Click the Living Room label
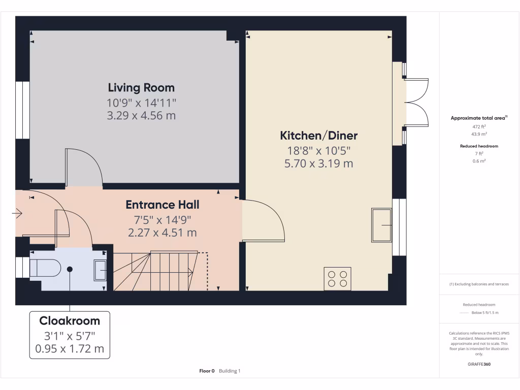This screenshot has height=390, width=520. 141,87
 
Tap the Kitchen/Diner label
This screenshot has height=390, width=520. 319,136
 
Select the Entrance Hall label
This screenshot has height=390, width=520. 162,205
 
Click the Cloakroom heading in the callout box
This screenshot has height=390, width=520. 70,321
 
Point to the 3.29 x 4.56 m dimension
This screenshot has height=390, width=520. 141,115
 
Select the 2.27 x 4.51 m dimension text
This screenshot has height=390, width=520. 162,233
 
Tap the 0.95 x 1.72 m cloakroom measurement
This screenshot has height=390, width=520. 70,348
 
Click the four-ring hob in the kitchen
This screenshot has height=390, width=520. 337,279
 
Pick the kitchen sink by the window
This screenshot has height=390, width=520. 382,224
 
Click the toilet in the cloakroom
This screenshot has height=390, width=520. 45,268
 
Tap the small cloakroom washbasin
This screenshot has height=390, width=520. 100,270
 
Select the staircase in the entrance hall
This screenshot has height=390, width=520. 162,271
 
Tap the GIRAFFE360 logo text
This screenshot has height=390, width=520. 479,364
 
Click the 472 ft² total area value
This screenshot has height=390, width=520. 479,126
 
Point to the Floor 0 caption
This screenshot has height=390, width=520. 207,371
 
